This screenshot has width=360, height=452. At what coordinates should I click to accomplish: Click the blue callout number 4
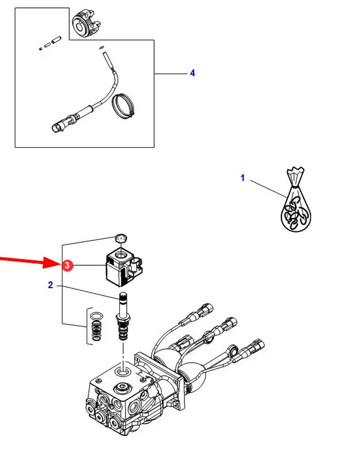pos(192,73)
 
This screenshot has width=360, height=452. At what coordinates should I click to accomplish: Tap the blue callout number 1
pos(242,177)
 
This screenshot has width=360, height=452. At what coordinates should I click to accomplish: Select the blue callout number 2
pos(51,285)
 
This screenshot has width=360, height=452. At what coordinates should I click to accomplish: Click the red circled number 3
pos(67,265)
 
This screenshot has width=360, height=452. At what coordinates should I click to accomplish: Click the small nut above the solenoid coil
pos(121,238)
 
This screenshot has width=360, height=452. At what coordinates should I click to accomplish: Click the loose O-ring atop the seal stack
pos(96,316)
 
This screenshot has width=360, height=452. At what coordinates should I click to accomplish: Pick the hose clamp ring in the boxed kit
pos(124,106)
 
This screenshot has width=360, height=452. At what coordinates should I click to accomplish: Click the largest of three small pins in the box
pos(56,40)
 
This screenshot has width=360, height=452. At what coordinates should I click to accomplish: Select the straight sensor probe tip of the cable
pos(107,61)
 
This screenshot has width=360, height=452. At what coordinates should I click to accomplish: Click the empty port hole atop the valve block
pos(123,372)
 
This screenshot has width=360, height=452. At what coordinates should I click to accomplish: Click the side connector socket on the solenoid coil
pos(136,265)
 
